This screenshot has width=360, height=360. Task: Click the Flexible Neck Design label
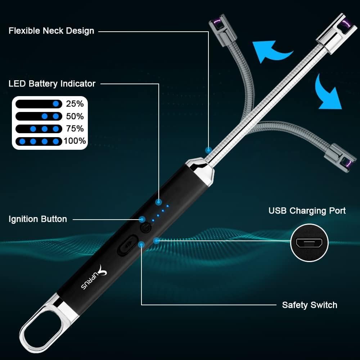point(51,31)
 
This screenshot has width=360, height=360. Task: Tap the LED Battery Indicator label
point(52,84)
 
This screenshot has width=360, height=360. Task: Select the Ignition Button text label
point(38,219)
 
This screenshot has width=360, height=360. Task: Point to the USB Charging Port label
point(307,211)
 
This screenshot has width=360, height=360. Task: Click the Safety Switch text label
point(310,305)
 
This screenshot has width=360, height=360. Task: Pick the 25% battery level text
point(75,104)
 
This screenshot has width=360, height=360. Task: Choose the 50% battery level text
point(75,116)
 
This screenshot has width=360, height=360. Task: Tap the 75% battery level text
point(75,129)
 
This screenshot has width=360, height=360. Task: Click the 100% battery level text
point(75,141)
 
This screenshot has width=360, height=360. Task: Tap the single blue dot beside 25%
point(55,104)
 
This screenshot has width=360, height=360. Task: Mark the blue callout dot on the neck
point(208,150)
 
